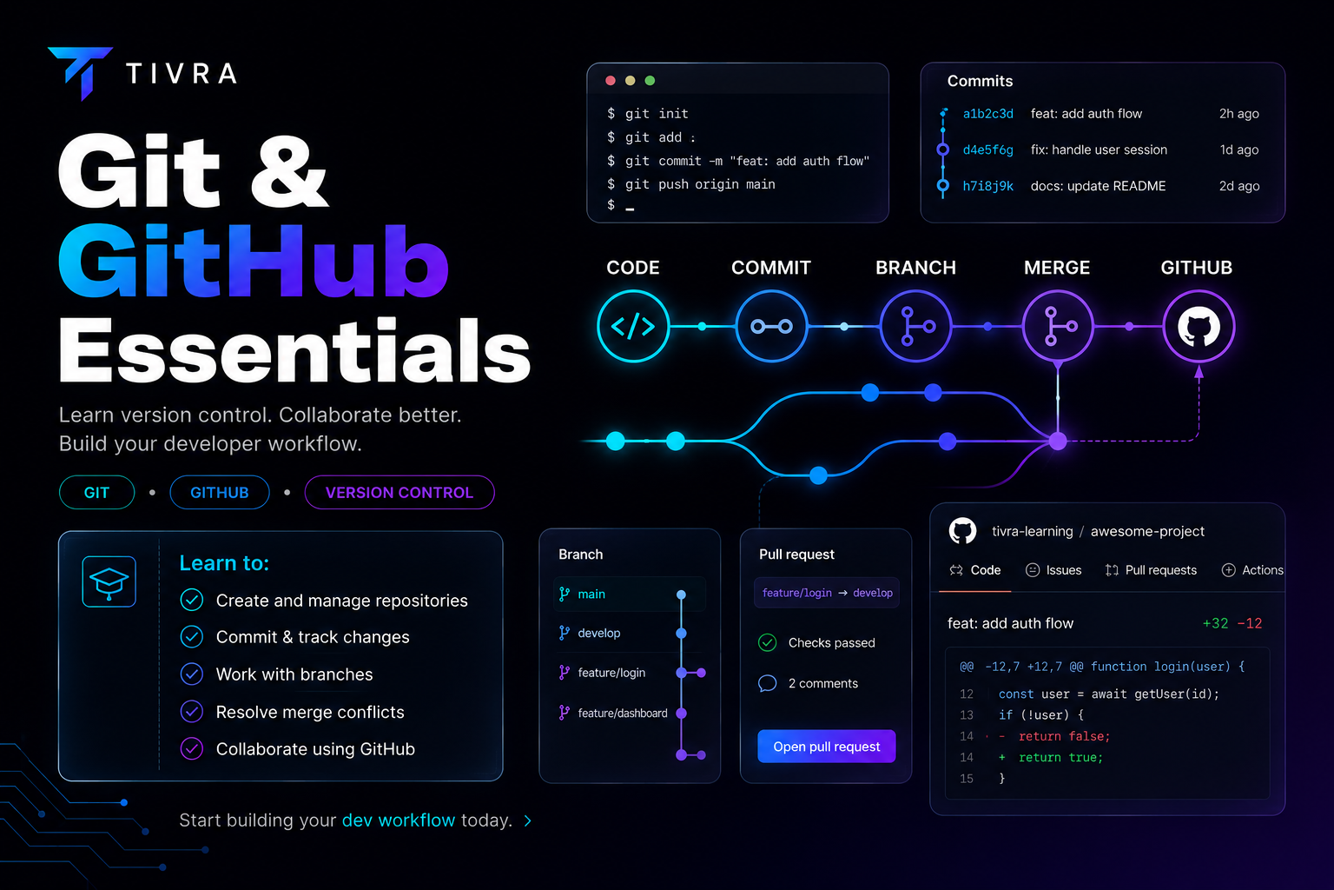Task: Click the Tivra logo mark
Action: coord(82,70)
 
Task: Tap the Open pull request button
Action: coord(826,747)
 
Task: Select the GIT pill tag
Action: coord(96,493)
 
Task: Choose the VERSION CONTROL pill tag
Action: coord(399,493)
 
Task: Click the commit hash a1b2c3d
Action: coord(987,114)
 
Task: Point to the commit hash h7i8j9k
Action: coord(987,186)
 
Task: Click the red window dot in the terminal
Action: coord(611,81)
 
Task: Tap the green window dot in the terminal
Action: coord(650,81)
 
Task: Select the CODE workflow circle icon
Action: coord(633,326)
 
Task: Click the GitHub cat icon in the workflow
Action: coord(1199,326)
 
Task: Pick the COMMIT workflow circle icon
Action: coord(771,326)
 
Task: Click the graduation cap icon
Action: coord(109,581)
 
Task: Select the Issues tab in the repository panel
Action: coord(1053,570)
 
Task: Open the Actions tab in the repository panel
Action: coord(1251,570)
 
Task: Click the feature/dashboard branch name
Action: coord(623,713)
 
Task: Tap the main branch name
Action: coord(591,594)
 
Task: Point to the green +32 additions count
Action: coord(1215,623)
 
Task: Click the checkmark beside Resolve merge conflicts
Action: coord(192,711)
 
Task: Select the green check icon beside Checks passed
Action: coord(767,642)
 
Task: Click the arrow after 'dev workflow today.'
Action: coord(528,820)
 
